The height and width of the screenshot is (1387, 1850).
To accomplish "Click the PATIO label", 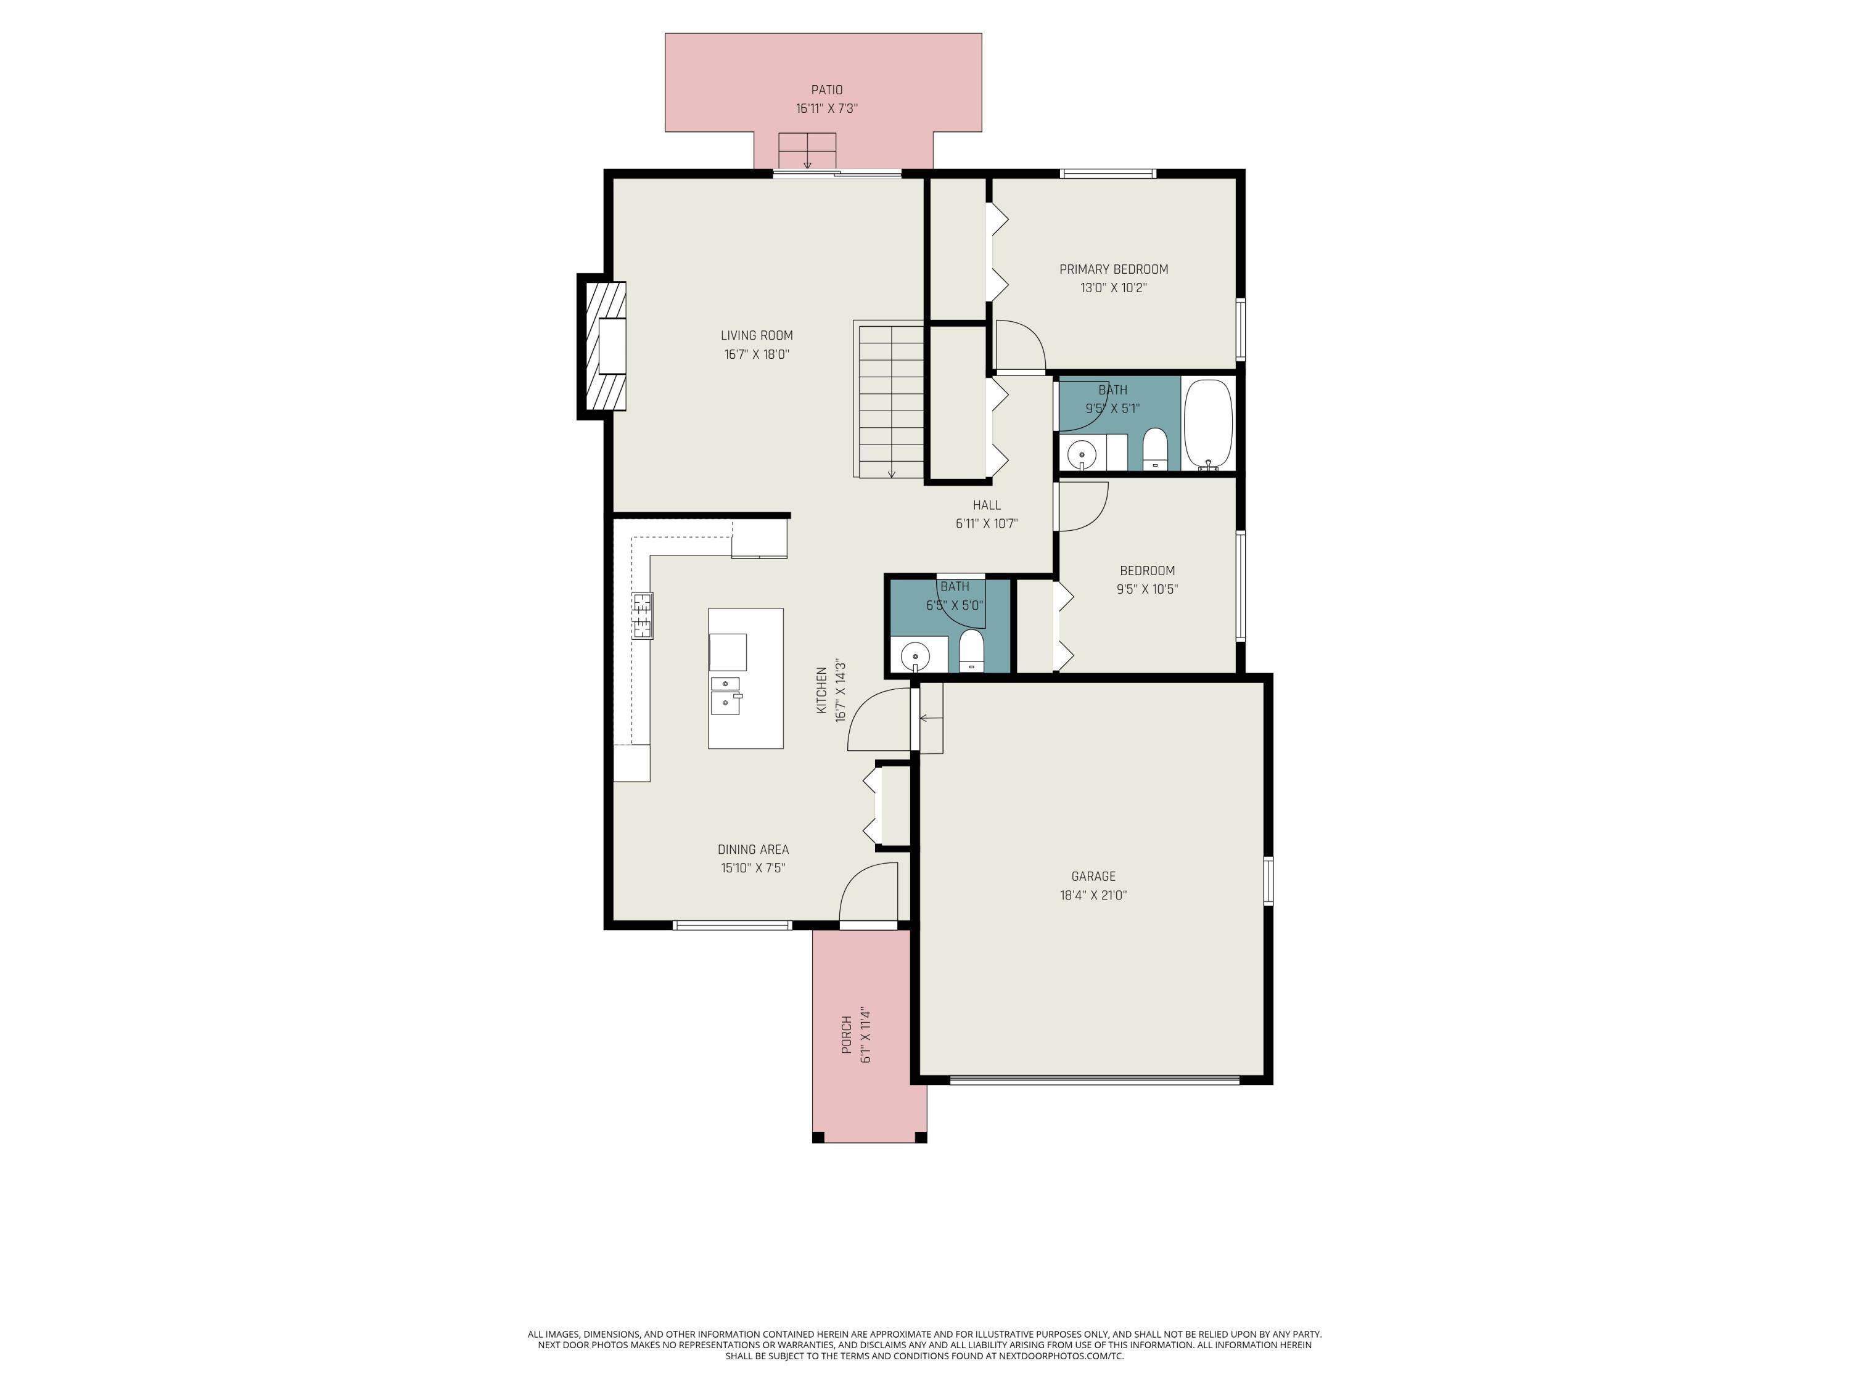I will click(826, 89).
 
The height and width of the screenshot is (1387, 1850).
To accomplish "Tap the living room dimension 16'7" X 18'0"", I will click(756, 354).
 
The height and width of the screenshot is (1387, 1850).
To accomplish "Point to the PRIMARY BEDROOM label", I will click(1113, 269).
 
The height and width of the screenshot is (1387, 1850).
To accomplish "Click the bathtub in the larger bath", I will click(1207, 424).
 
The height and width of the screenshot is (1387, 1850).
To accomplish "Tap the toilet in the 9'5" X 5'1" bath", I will click(1154, 448).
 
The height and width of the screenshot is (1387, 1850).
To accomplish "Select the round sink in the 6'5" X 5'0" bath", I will click(916, 655).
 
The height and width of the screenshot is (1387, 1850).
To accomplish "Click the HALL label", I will click(986, 505).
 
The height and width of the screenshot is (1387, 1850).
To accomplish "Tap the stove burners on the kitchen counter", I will click(641, 615).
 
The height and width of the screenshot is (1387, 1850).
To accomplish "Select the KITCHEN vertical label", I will click(821, 690).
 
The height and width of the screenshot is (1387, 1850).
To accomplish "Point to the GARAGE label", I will click(1093, 876).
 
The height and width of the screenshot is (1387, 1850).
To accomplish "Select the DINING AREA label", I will click(753, 849).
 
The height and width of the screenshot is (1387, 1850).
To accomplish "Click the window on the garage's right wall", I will click(1268, 880).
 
